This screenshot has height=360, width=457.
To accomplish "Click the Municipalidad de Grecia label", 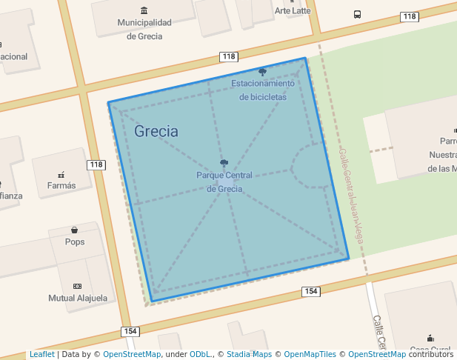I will click(144, 29).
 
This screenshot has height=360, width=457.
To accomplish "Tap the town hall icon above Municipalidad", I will click(144, 10).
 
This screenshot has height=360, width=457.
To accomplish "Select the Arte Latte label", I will click(293, 10).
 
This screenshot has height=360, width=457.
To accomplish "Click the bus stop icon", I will click(358, 14).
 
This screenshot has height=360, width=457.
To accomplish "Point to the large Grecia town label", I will click(156, 132).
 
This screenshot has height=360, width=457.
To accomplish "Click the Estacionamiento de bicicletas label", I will click(263, 90).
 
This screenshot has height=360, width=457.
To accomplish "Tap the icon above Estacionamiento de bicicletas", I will click(263, 72).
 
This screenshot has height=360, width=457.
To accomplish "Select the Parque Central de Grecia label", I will click(224, 181).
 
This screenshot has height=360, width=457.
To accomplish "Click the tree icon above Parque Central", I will click(224, 163).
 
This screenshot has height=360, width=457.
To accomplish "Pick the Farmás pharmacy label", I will click(61, 185).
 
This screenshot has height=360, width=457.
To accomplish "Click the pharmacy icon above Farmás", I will click(61, 175).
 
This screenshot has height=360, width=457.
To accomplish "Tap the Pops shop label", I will click(75, 241).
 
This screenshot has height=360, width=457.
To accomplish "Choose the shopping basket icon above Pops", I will click(75, 230).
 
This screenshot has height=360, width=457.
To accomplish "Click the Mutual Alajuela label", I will click(78, 299).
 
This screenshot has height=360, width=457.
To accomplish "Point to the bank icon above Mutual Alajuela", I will click(77, 286).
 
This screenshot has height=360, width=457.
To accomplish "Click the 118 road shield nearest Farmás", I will click(96, 164).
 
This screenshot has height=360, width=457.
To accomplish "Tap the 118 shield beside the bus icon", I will click(410, 16).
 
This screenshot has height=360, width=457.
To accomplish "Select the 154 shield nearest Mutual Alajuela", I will click(131, 331).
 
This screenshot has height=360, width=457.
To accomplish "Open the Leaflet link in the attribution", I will click(41, 355).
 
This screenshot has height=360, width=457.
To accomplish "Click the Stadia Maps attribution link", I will click(249, 355).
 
